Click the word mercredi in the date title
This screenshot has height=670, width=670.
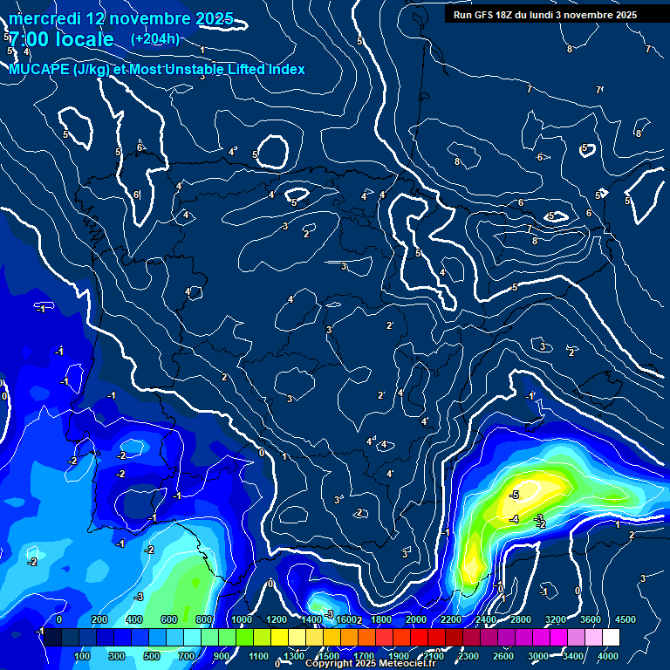coord(45,18)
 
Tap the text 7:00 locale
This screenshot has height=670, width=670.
coord(61,39)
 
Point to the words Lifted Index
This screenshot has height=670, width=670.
coord(258,70)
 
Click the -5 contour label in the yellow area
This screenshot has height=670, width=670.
coord(514,495)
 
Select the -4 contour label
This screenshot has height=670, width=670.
coord(514,519)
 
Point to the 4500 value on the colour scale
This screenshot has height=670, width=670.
coord(625,619)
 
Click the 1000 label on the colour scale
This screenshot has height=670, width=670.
coord(242,619)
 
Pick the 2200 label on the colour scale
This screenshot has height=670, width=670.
coord(451,619)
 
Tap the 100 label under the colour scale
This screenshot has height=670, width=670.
coord(83,656)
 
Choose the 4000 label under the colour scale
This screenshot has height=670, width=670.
coord(608,656)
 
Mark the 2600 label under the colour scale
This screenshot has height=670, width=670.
coord(503,656)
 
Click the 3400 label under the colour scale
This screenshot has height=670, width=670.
coord(573,656)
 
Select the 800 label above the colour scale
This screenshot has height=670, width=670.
coord(206,619)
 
